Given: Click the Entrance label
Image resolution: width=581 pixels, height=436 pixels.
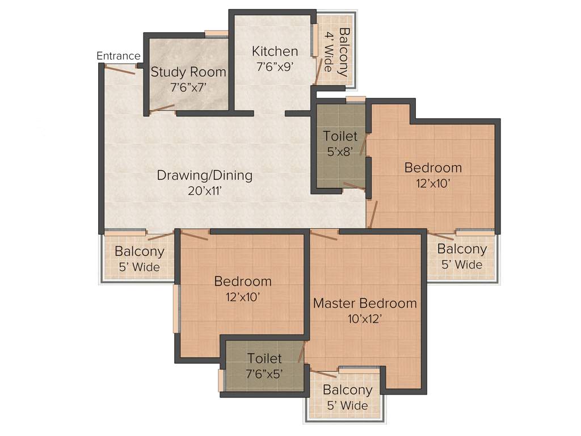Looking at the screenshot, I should pos(118,56).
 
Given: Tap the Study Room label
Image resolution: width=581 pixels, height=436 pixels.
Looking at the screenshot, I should pos(188,73).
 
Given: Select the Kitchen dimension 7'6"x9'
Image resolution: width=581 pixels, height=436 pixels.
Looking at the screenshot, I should pos(275,66).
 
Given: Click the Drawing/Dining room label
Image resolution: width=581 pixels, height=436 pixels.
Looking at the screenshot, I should pos(204,175).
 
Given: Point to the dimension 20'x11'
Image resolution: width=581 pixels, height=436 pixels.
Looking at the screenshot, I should pos(204,191).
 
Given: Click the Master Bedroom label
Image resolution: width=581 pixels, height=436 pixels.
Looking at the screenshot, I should pos(365,303).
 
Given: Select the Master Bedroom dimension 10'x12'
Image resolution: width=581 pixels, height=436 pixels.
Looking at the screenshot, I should pos(365,318).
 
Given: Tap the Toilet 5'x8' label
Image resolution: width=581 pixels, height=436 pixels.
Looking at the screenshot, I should pos(340,136).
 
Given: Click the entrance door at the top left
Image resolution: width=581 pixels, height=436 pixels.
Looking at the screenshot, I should pos(120,70).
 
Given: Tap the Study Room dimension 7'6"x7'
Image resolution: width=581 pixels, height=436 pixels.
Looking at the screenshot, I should pos(188,88).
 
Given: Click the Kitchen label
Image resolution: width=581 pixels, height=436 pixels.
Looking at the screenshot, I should pos(275,51).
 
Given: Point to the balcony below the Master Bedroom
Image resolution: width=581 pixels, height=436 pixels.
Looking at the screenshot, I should pos(347,397).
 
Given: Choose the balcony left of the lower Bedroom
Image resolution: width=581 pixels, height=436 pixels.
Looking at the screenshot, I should pos(139,258).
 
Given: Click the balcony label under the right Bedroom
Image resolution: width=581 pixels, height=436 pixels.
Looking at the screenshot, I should pos(462,249).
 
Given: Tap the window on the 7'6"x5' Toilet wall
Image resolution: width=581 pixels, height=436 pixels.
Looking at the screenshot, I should pos(221,380).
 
